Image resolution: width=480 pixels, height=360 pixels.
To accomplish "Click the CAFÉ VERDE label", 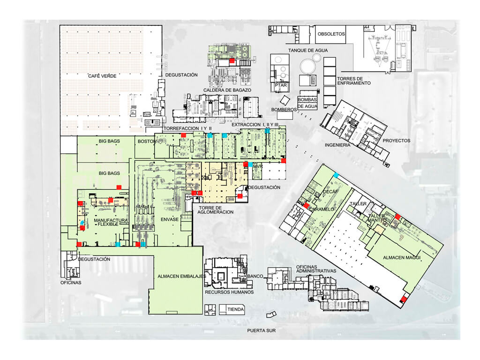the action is [102, 76].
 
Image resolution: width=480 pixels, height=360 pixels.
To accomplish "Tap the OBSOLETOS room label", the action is [331, 34].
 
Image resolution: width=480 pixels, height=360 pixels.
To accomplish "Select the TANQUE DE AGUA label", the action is [308, 50].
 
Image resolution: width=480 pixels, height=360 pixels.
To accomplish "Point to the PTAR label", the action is [281, 85].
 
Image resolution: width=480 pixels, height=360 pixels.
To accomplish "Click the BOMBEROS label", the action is [284, 110].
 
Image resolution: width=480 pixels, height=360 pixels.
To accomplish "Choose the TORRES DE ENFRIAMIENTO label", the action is [354, 81].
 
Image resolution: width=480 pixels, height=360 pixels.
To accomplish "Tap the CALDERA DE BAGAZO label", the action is [227, 90].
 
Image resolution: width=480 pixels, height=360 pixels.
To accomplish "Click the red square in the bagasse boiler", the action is [232, 60].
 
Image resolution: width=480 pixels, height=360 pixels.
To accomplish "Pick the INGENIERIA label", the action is [337, 145].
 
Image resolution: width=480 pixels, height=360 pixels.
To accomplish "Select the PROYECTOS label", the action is [397, 141].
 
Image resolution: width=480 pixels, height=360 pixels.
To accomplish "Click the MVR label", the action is [258, 166].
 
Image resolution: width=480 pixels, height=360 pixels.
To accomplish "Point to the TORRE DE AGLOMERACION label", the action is [216, 210].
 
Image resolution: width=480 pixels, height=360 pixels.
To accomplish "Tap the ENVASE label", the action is [170, 219].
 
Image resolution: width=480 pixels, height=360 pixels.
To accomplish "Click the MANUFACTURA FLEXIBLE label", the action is [111, 222].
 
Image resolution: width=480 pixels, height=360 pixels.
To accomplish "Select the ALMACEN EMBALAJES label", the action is [182, 277].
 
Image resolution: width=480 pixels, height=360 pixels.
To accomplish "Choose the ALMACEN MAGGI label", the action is [402, 258].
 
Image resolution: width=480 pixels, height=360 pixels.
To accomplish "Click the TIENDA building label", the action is [235, 309].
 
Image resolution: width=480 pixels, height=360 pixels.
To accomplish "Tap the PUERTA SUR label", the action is [262, 330].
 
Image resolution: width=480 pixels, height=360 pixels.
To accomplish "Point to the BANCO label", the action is [255, 276].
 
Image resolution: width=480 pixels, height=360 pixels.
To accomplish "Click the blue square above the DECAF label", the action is [336, 175].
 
